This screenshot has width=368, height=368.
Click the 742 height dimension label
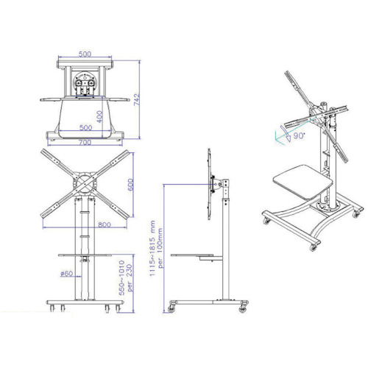pyautogui.click(x=137, y=99)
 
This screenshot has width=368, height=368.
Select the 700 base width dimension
pyautogui.click(x=85, y=142)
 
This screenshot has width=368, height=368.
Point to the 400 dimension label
pyautogui.click(x=99, y=117)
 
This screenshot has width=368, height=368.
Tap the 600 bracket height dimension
pyautogui.click(x=130, y=185)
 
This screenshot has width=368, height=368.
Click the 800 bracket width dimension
pyautogui.click(x=105, y=224)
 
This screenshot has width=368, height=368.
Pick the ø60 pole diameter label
pyautogui.click(x=66, y=273)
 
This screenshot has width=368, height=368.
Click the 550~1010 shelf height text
pyautogui.click(x=121, y=277)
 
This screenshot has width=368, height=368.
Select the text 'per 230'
pyautogui.click(x=130, y=277)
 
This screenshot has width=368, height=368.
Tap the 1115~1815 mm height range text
pyautogui.click(x=152, y=248)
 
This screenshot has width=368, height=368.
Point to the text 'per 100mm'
pyautogui.click(x=160, y=248)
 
